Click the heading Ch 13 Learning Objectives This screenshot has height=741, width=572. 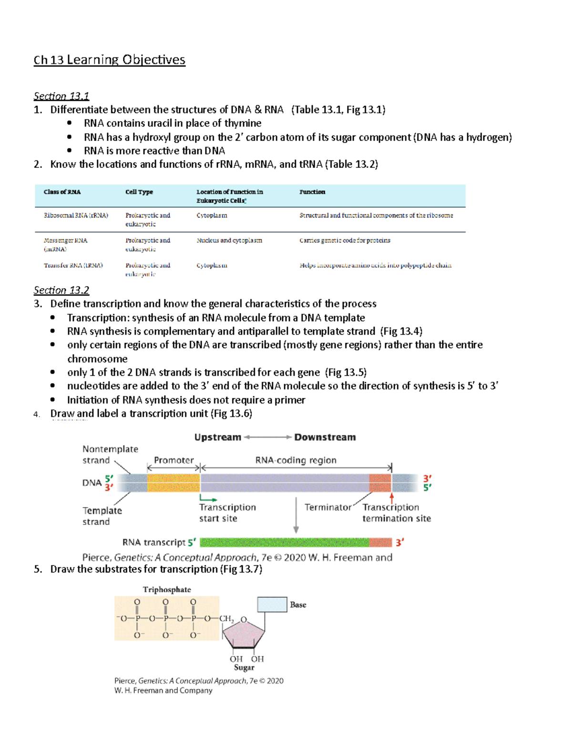pos(109,60)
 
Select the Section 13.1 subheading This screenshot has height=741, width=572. pos(61,96)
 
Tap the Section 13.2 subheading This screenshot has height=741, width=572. pos(61,290)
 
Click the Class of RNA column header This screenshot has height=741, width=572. pos(62,192)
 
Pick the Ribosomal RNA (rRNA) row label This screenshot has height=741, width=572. pos(76,215)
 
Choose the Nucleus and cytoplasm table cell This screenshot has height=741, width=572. pos(229,240)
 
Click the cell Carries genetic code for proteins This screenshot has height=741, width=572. pos(345,240)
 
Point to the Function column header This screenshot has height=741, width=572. pos(312,192)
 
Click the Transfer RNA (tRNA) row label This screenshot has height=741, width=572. pos(73,265)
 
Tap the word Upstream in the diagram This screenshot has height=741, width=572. pos(217,437)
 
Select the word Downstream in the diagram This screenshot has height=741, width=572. pos(325,437)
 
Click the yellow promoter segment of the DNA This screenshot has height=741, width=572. pos(174,482)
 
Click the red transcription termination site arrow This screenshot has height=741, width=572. pos(392,498)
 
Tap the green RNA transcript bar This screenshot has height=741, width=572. pos(284,542)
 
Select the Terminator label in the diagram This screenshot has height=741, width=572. pos(327,507)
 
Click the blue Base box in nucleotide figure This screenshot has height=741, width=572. pos(272,605)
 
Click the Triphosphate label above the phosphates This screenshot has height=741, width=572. pos(167,589)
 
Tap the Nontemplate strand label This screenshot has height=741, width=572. pos(110,454)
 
